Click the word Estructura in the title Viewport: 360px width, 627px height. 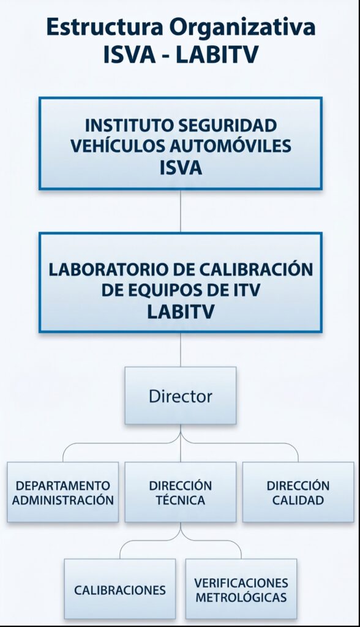pyautogui.click(x=105, y=27)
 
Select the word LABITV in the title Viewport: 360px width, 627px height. pyautogui.click(x=217, y=54)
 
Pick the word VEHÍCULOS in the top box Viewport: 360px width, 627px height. pyautogui.click(x=118, y=146)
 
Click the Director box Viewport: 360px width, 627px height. pyautogui.click(x=181, y=396)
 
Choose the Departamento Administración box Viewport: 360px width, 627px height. pyautogui.click(x=63, y=492)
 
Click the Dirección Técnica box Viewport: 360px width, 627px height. pyautogui.click(x=181, y=492)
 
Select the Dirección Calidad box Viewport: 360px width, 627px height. pyautogui.click(x=298, y=492)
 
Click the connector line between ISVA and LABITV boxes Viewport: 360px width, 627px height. pyautogui.click(x=181, y=211)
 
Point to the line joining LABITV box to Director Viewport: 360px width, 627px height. pyautogui.click(x=181, y=350)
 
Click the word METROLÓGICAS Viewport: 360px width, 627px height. pyautogui.click(x=241, y=597)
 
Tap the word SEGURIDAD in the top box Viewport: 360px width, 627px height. pyautogui.click(x=227, y=125)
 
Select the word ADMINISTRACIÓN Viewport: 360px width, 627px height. pyautogui.click(x=63, y=500)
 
